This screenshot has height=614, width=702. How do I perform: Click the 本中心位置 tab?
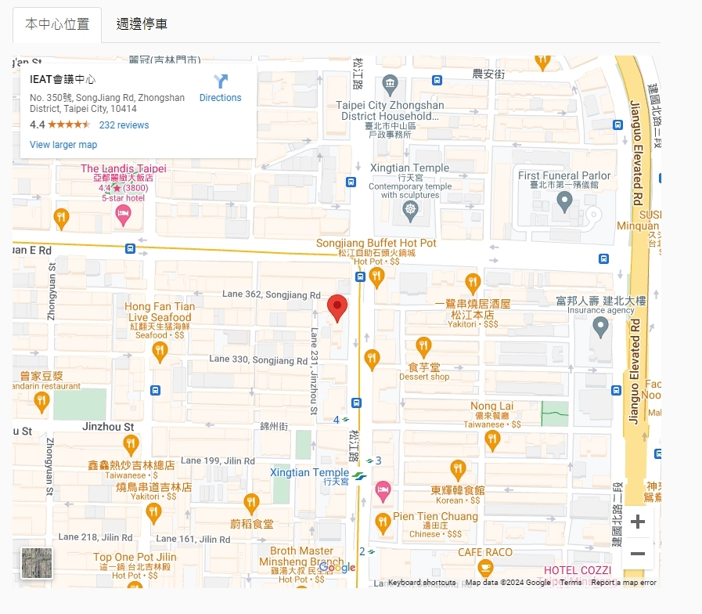point(57,24)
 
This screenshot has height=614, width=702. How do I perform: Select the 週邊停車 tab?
point(142,24)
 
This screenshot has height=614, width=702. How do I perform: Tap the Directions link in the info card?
point(220,88)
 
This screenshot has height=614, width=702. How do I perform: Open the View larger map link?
point(63,145)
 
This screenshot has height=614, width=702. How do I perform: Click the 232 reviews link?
point(124,125)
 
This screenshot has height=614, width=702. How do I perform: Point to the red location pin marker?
point(337,308)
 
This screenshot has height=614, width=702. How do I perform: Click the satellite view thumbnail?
point(37,563)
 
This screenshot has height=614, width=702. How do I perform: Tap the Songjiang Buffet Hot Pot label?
point(376,244)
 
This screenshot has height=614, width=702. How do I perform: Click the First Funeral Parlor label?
point(564,176)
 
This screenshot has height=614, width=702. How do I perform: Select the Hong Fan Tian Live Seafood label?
point(160,312)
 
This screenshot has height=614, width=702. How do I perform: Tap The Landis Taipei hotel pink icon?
point(123,215)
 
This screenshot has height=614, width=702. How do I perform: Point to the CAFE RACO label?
point(485,553)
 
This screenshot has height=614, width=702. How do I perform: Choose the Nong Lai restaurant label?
point(491,406)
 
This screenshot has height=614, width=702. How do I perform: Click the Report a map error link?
point(624,583)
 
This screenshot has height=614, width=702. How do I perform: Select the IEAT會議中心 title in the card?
point(63,80)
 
